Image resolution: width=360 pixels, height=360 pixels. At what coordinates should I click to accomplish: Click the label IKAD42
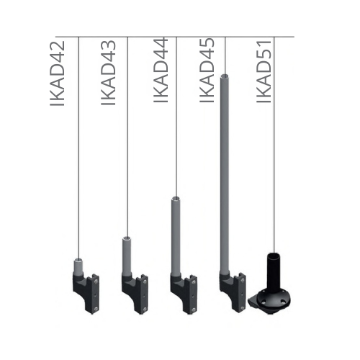pyautogui.click(x=57, y=73)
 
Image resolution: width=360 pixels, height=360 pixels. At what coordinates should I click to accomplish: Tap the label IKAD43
pyautogui.click(x=108, y=73)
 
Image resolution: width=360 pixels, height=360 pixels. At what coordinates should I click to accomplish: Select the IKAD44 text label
pyautogui.click(x=161, y=70)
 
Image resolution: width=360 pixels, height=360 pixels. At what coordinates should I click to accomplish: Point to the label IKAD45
pyautogui.click(x=207, y=71)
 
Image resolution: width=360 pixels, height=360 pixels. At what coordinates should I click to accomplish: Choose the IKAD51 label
pyautogui.click(x=264, y=72)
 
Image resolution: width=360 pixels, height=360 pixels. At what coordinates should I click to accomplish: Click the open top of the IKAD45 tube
pyautogui.click(x=225, y=76)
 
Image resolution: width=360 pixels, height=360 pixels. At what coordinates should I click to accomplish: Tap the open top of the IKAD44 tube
pyautogui.click(x=176, y=199)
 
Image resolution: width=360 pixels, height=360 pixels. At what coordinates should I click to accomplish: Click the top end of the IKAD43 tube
pyautogui.click(x=127, y=239)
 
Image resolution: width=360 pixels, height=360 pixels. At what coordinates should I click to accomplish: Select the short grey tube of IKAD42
pyautogui.click(x=78, y=266)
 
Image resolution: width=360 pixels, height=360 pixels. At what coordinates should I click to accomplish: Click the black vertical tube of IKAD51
pyautogui.click(x=274, y=271)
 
